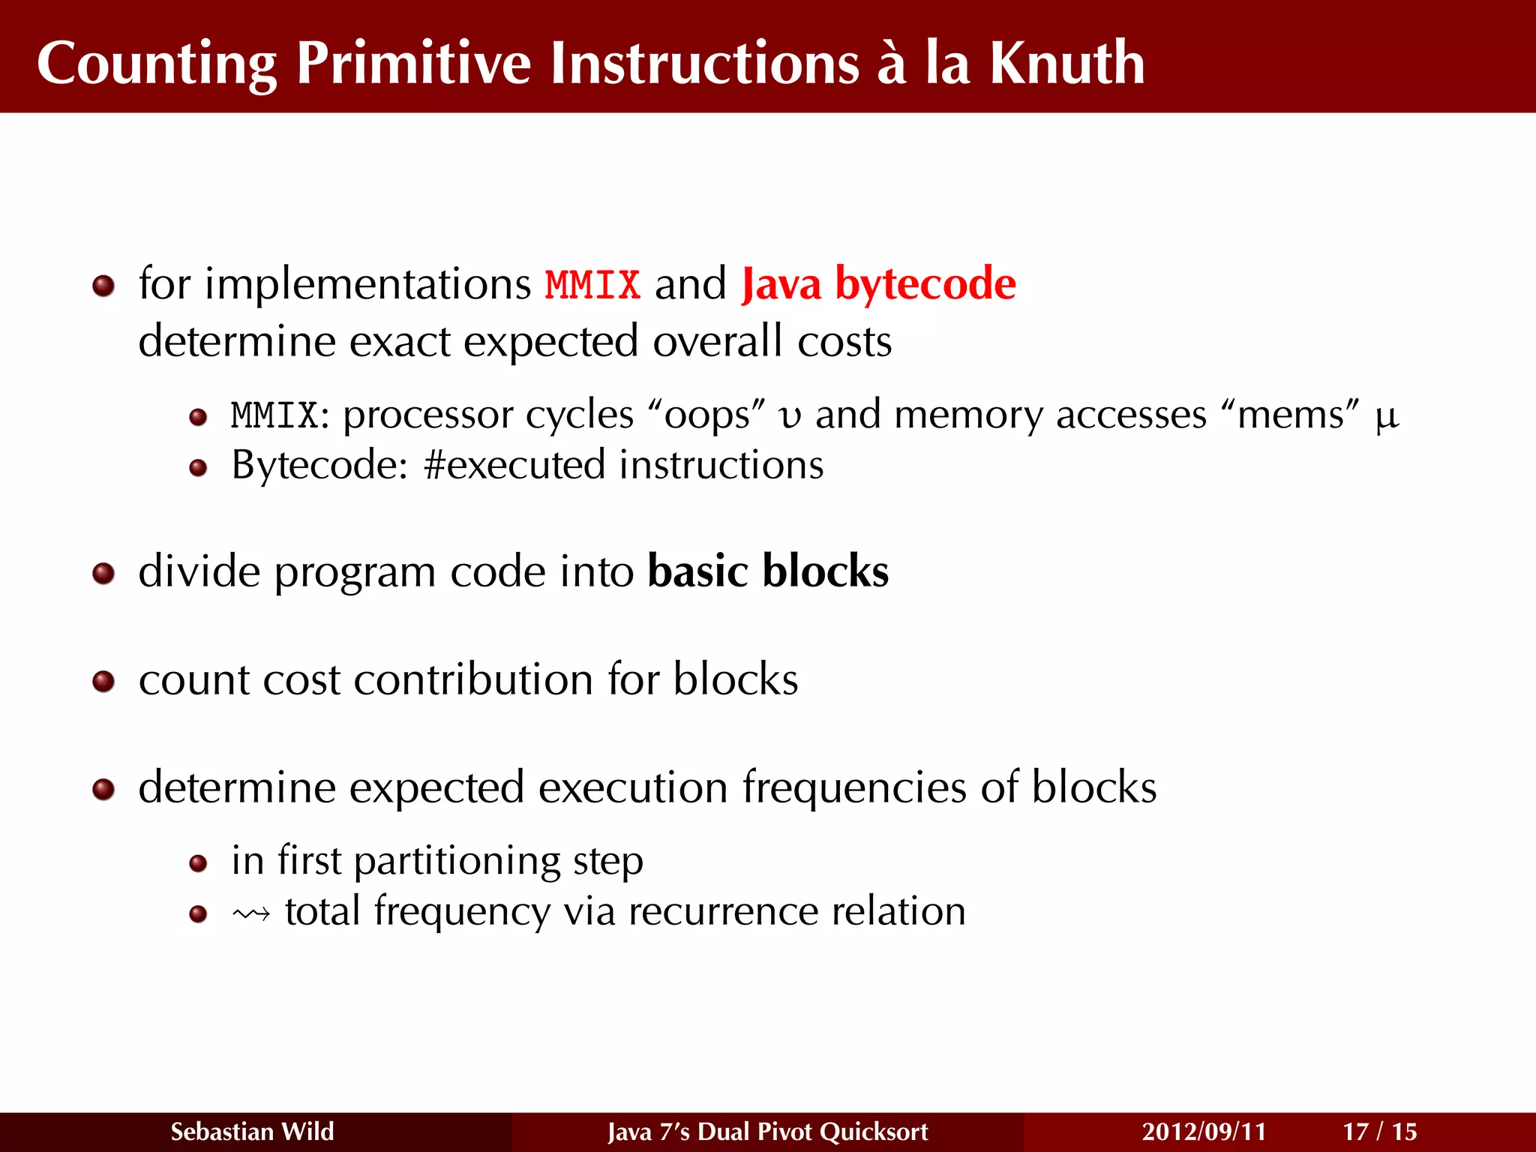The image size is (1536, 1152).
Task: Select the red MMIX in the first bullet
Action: click(592, 285)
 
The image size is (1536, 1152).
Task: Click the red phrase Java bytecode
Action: click(878, 285)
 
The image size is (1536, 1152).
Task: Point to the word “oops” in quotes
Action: click(706, 415)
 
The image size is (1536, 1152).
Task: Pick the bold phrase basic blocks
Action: click(768, 571)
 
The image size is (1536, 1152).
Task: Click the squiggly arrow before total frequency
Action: click(251, 913)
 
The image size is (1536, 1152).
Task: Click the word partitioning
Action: click(457, 862)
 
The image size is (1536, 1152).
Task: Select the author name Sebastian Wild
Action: click(252, 1131)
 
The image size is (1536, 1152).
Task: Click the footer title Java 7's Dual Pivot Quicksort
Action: click(767, 1131)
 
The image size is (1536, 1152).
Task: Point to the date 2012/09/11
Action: click(1204, 1131)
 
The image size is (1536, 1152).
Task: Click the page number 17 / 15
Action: click(1379, 1131)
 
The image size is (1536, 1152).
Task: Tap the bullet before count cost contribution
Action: click(103, 682)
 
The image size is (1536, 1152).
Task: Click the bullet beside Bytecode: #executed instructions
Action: click(198, 468)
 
